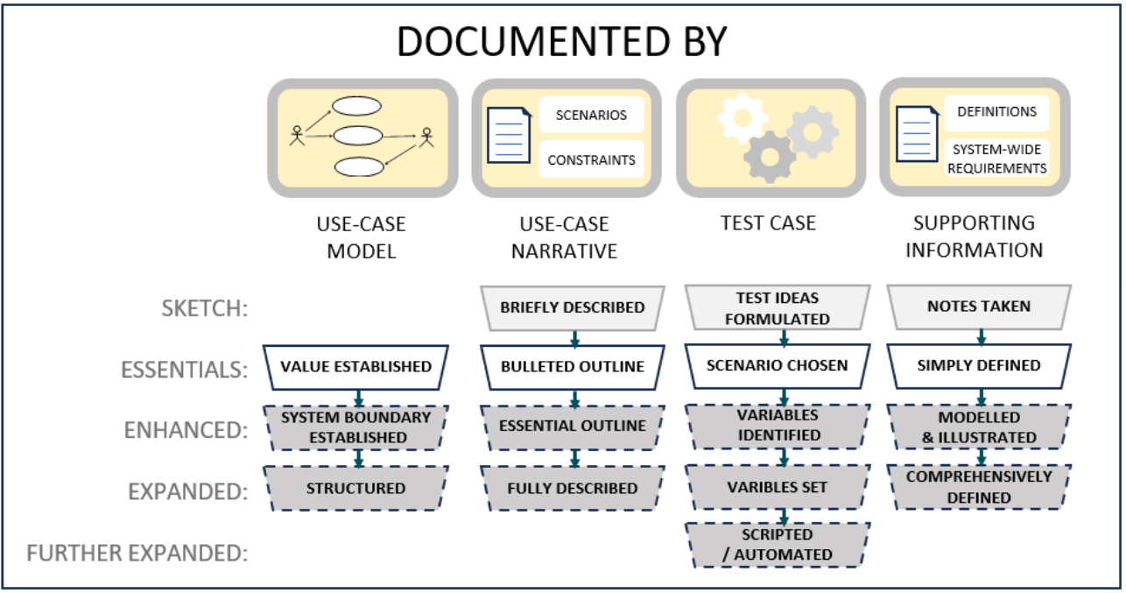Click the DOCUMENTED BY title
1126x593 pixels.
(562, 41)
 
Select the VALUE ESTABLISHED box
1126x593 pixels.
(356, 366)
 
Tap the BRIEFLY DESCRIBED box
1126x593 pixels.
(573, 307)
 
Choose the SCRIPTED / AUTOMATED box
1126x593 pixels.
(777, 544)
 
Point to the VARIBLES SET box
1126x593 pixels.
(777, 487)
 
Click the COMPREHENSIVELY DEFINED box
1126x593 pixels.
(979, 487)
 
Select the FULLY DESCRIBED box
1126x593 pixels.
(573, 488)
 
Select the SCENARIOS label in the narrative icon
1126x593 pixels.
(591, 115)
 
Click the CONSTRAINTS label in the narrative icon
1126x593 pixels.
(591, 160)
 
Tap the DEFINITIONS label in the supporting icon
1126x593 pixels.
(996, 112)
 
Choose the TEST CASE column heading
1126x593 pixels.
(769, 223)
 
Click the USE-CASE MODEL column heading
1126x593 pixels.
(361, 237)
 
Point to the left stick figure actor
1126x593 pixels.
(297, 136)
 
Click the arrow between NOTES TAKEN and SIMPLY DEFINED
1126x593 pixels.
(980, 336)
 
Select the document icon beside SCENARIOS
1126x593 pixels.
(508, 137)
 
